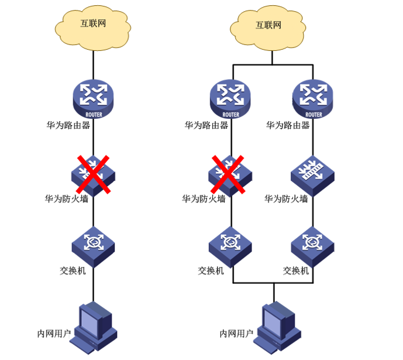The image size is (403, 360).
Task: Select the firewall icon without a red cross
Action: [312, 173]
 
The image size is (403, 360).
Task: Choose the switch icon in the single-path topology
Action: [94, 243]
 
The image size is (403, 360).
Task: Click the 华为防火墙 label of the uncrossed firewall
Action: [286, 199]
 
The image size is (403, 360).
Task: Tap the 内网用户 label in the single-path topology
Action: [54, 334]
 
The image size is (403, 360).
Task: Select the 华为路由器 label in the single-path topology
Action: [68, 125]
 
